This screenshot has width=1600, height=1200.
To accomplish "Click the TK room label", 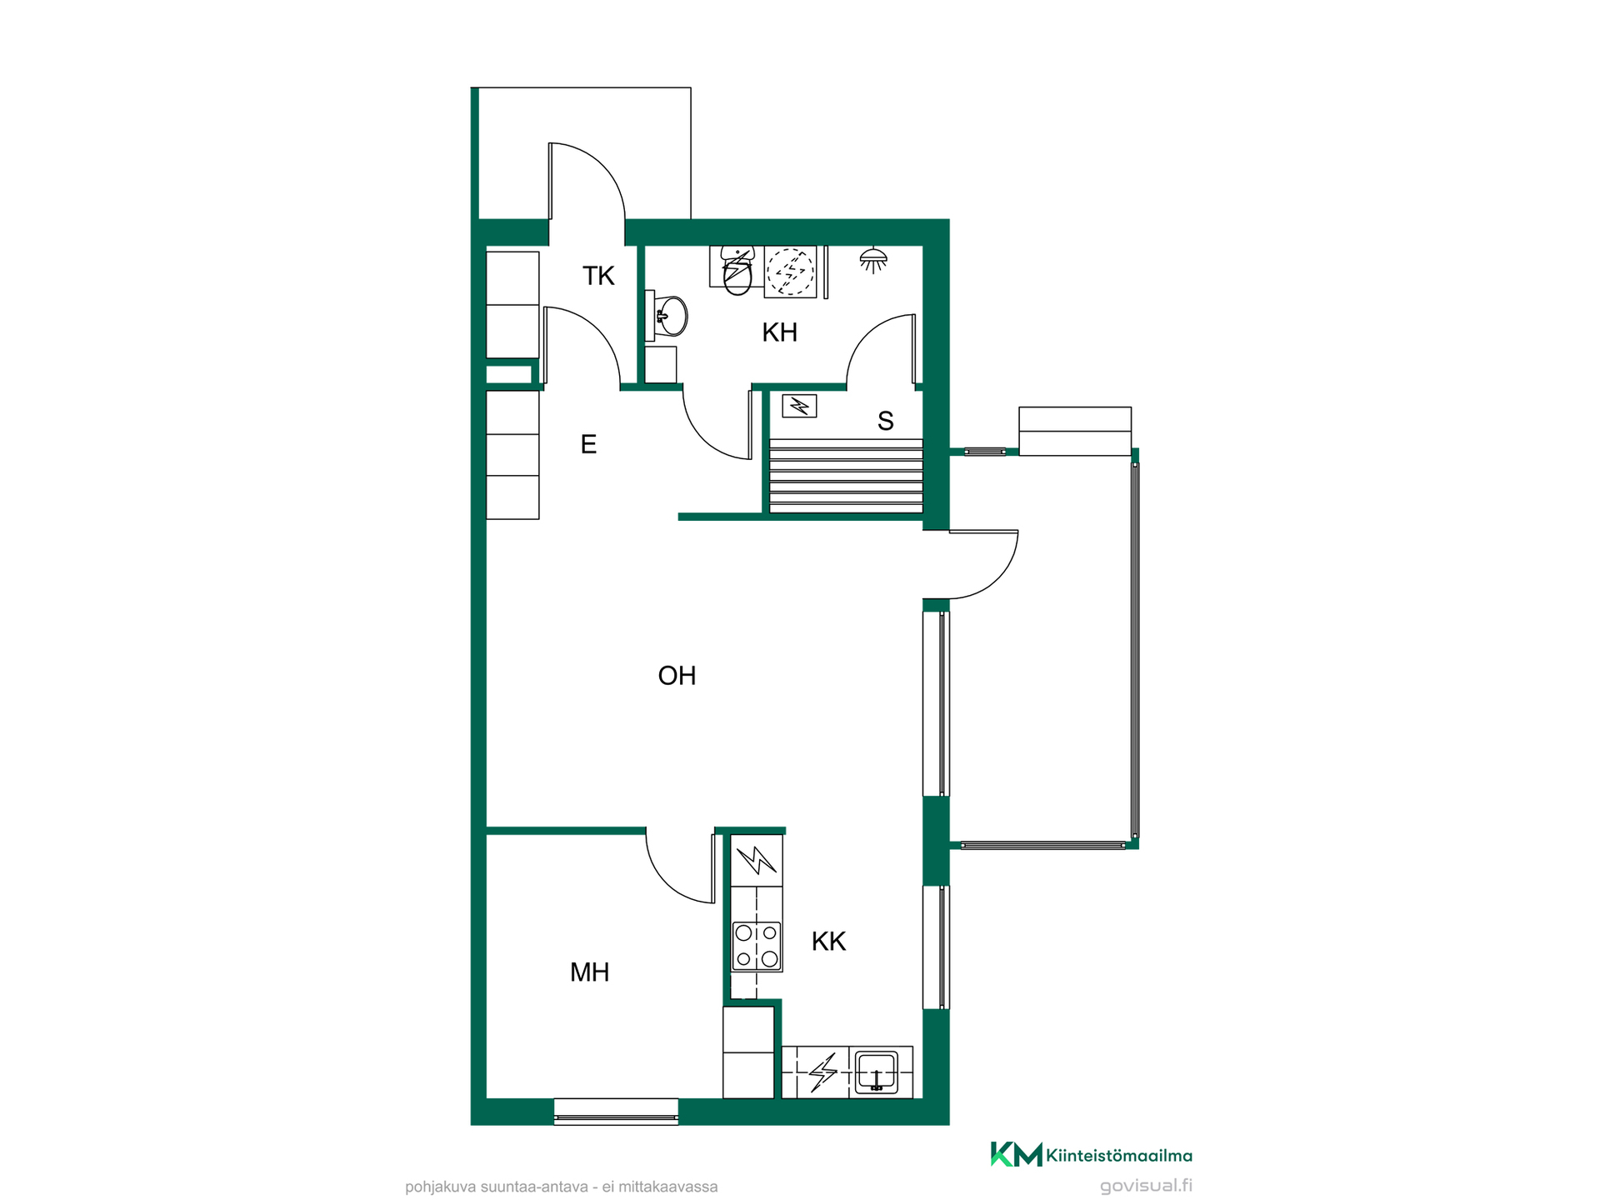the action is (x=598, y=276).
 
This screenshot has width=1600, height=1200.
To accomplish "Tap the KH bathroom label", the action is (x=779, y=332).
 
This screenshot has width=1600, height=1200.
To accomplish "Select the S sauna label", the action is (x=885, y=422).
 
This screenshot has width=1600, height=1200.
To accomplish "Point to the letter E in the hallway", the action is (x=588, y=444).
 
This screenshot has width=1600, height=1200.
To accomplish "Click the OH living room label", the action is (x=677, y=675).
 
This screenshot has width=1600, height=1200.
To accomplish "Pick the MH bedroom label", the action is (x=589, y=972).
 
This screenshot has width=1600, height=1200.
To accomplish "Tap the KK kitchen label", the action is (x=828, y=942).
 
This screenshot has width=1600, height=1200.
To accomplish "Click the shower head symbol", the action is (x=872, y=260).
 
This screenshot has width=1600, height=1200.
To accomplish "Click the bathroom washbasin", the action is (x=669, y=316).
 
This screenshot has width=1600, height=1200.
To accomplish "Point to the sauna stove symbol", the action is (x=799, y=406).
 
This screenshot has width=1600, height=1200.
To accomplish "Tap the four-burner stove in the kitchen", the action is (x=757, y=946).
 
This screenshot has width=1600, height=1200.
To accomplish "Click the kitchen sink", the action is (x=876, y=1072).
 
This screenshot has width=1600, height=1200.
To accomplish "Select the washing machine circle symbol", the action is (x=790, y=271).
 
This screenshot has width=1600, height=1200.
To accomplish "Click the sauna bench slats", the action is (x=846, y=476).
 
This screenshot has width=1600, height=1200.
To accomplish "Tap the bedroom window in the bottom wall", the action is (x=616, y=1112).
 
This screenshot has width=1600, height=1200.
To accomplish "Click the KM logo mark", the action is (x=1016, y=1154).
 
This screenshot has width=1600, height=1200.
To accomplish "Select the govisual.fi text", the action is (x=1146, y=1186).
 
